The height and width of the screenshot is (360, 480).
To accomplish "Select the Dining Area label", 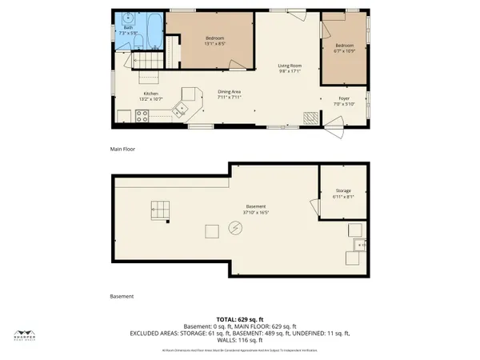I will [x=230, y=94].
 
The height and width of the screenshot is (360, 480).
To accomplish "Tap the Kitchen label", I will [x=151, y=96].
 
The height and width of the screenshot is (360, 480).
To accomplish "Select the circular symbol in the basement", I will [x=235, y=228].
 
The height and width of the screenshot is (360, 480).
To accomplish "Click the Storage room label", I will [x=342, y=193].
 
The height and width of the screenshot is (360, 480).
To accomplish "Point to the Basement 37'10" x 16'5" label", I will [x=256, y=210].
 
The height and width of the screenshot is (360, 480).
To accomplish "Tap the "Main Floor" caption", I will [x=122, y=149].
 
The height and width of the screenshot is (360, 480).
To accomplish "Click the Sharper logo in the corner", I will [x=27, y=335].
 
